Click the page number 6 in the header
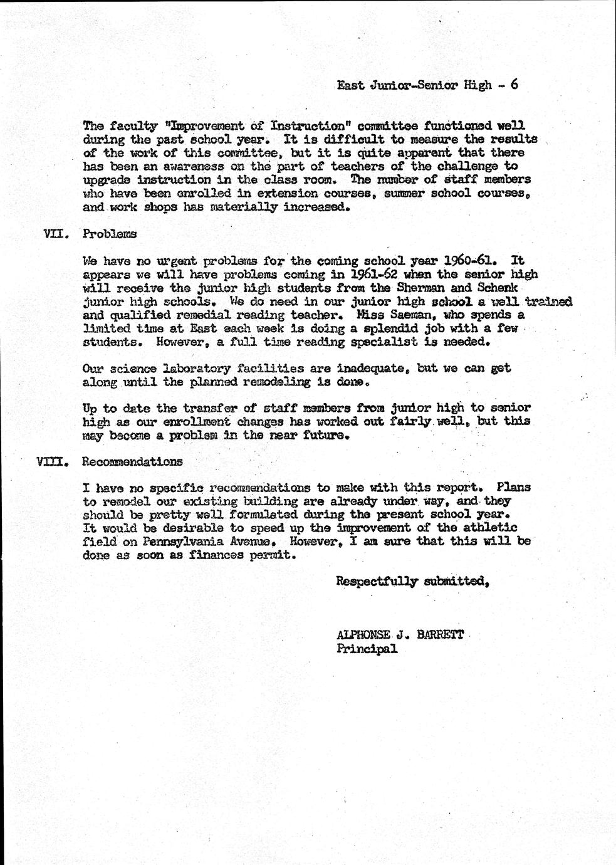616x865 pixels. click(514, 85)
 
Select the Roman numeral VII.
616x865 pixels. click(55, 234)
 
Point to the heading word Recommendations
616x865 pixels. click(133, 462)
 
